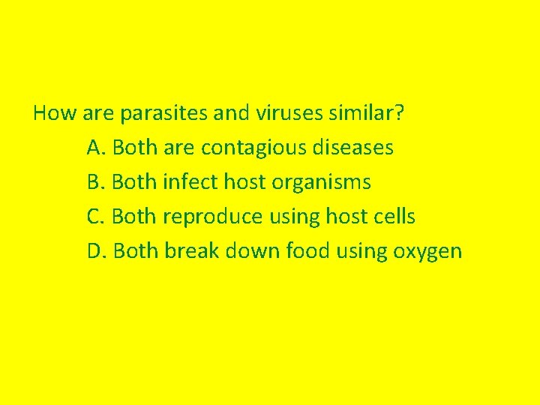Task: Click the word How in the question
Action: [x=51, y=113]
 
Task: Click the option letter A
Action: [x=94, y=148]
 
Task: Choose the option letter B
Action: [x=94, y=182]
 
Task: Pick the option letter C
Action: [x=94, y=217]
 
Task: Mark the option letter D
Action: [x=95, y=251]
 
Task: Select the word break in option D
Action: [x=184, y=251]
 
